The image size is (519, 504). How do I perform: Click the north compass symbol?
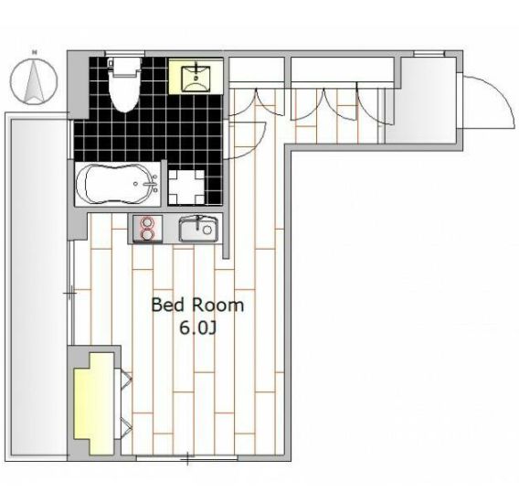[34, 81]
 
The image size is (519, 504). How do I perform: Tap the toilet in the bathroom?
[124, 84]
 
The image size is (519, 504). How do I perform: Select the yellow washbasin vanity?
[196, 77]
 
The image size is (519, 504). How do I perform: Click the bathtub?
[118, 184]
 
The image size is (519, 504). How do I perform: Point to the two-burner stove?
[148, 229]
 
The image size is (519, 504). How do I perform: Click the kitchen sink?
[198, 229]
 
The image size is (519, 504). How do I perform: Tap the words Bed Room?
[197, 306]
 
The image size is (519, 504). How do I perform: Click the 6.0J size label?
[197, 328]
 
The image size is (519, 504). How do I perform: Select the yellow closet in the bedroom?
[94, 403]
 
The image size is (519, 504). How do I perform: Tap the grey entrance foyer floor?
[422, 101]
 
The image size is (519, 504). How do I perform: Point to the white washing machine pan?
[186, 188]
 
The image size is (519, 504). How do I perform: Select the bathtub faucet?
[152, 184]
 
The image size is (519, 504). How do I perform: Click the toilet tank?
[124, 66]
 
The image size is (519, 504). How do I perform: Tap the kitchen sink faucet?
[197, 222]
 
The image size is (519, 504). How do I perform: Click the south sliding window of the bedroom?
[187, 458]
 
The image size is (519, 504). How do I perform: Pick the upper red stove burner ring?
[148, 221]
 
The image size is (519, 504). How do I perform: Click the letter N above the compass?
[34, 52]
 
